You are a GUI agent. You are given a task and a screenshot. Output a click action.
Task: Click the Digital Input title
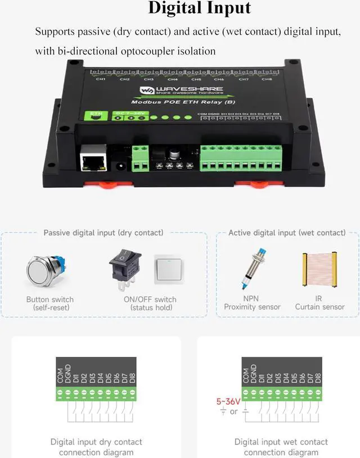point(199,8)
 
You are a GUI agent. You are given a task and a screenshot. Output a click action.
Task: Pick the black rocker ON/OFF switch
point(125,269)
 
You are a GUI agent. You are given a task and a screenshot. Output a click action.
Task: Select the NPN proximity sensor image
point(253,270)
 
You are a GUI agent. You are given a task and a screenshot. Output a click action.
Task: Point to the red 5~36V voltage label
point(228,401)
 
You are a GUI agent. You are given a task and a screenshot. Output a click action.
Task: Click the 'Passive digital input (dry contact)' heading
point(103,233)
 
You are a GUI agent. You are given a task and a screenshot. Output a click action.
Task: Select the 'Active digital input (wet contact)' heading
point(287,233)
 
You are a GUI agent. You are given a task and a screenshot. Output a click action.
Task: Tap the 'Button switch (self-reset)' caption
point(50,303)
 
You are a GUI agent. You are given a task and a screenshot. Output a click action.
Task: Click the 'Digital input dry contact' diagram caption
point(96,447)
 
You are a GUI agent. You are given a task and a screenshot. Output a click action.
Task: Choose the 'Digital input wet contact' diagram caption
point(281,447)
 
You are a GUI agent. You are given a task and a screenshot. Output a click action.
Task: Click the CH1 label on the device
point(101,79)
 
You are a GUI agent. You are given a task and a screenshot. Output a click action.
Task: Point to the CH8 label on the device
point(267,79)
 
